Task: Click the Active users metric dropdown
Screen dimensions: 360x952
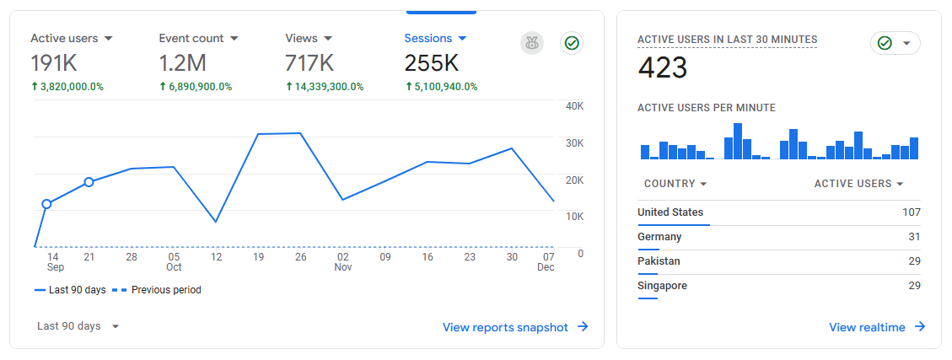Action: coord(72,39)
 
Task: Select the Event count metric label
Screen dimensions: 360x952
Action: coord(191,39)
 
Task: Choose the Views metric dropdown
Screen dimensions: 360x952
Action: coord(309,39)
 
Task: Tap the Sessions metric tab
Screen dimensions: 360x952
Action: coord(435,39)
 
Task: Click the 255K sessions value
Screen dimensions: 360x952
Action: coord(431,63)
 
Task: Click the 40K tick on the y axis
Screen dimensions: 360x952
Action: coord(575,106)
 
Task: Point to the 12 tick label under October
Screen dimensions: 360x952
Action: coord(216,257)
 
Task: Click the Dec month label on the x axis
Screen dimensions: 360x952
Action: coord(546,268)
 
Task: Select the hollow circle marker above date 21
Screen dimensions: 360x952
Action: coord(89,182)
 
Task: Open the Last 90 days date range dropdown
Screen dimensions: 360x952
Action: coord(78,326)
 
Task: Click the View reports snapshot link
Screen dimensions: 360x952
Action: coord(515,327)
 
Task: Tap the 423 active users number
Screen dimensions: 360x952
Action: coord(663,68)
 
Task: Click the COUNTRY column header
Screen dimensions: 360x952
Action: coord(675,184)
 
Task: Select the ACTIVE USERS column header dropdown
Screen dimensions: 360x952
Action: coord(858,184)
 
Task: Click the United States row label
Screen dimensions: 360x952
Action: coord(670,212)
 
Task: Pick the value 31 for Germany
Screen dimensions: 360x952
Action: coord(914,237)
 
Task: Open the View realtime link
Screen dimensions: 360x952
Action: coord(877,327)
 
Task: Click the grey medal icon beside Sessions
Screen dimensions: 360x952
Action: coord(532,43)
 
